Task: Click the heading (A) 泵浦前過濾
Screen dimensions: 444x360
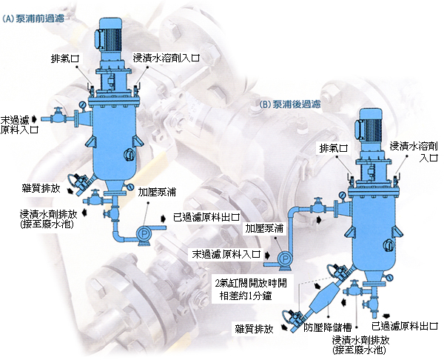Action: click(33, 19)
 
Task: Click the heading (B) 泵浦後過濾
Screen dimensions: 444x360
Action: click(290, 104)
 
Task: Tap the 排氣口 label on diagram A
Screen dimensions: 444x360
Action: click(65, 59)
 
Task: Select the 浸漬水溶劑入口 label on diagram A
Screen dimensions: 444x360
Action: click(166, 58)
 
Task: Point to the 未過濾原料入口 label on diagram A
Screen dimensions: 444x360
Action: click(19, 124)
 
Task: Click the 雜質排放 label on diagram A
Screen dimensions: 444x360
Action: click(41, 188)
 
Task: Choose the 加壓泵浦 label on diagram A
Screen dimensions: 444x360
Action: click(157, 192)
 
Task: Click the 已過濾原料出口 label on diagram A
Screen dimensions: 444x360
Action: click(206, 217)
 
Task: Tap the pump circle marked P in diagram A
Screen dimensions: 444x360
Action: click(144, 233)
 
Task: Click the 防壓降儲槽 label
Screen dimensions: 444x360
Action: click(328, 327)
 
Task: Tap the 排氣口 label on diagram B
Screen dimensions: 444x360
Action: click(333, 148)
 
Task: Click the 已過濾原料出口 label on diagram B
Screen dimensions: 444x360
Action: click(405, 326)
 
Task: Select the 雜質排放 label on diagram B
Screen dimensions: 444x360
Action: click(254, 329)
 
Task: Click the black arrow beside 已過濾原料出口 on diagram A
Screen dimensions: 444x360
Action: click(164, 219)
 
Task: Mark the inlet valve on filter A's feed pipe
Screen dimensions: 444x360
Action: click(58, 115)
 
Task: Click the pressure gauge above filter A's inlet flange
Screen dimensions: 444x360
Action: click(83, 105)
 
